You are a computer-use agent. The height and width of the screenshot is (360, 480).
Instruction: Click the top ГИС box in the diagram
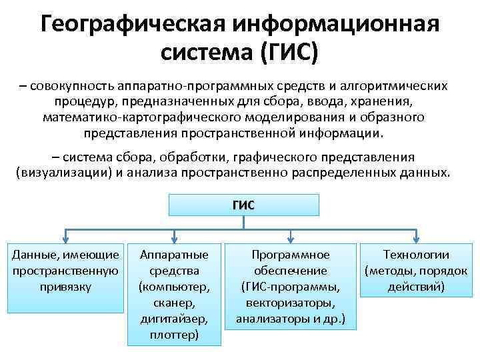(243, 205)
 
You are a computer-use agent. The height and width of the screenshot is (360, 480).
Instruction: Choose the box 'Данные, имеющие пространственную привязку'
(66, 270)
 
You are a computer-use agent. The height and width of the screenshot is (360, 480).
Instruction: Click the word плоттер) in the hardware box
(174, 335)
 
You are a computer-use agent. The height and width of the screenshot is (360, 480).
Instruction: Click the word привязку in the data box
(65, 287)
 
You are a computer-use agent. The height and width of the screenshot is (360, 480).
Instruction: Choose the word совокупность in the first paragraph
(73, 87)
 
